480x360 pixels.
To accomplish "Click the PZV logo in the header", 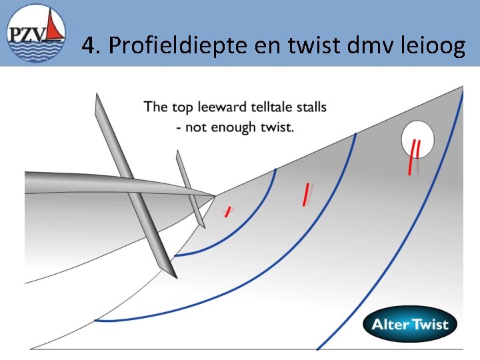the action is (x=35, y=34).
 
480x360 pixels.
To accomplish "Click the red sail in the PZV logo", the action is (x=57, y=27).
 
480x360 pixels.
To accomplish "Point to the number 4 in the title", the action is (x=88, y=45).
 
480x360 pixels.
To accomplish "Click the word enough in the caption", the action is (x=233, y=127).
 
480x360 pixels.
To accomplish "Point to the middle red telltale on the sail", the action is (x=306, y=193).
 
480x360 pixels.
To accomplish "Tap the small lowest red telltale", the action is (x=227, y=211).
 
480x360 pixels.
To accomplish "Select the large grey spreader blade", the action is (x=133, y=187).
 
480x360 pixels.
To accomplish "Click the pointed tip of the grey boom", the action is (x=214, y=196).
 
